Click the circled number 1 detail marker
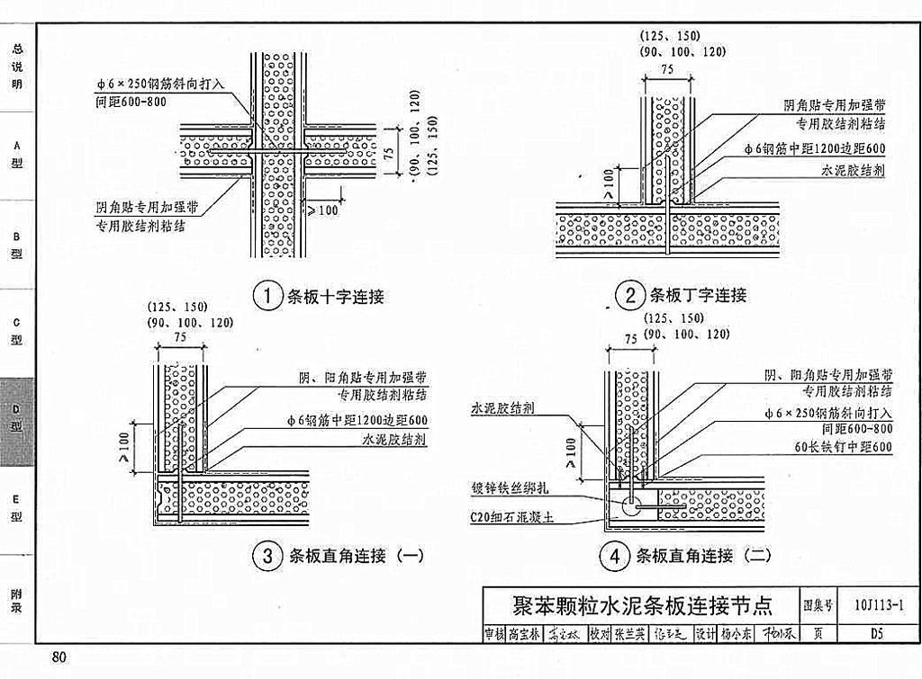click(267, 296)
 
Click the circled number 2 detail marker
click(628, 295)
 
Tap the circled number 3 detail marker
click(267, 556)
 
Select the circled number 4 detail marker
click(615, 556)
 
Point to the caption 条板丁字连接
click(698, 295)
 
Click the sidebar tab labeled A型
click(17, 154)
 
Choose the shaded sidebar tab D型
click(17, 418)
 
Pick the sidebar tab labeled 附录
click(17, 600)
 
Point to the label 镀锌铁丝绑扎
click(511, 488)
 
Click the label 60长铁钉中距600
click(843, 447)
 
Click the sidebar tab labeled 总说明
click(17, 67)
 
